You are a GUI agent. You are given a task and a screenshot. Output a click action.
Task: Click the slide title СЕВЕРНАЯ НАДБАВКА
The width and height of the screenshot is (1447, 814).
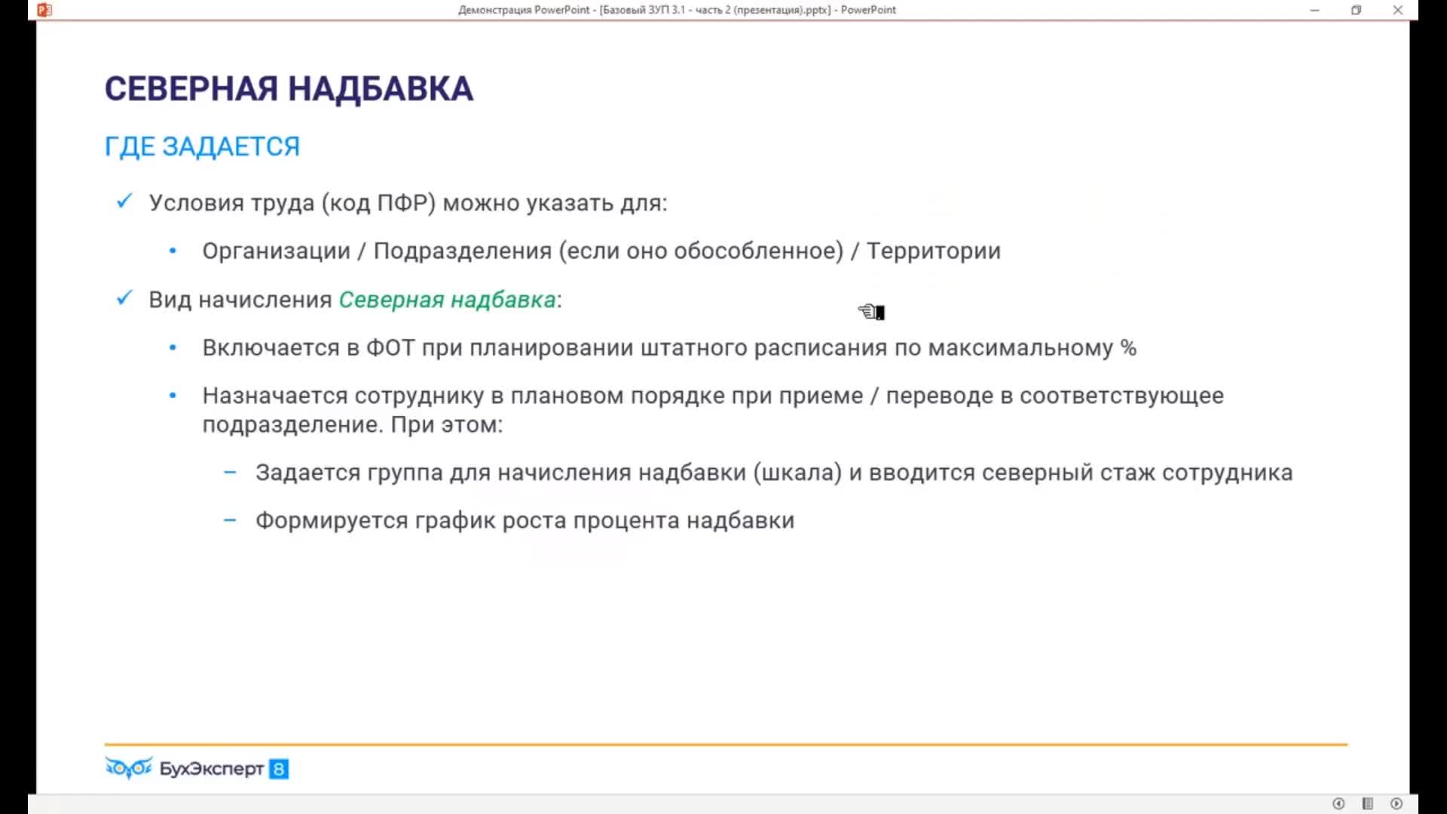289,89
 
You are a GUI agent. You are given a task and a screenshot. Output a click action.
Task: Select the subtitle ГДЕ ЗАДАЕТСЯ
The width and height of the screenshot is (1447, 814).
202,146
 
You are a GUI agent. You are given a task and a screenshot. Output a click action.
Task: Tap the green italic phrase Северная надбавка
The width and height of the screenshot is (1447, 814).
447,300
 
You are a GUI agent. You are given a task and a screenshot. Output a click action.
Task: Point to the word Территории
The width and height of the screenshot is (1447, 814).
933,252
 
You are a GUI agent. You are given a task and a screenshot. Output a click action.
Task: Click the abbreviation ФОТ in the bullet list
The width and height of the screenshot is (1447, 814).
390,348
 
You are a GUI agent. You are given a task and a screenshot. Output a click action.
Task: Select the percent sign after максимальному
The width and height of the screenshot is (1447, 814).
1128,347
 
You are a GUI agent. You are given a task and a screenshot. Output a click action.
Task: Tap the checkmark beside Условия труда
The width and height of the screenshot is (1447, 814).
124,201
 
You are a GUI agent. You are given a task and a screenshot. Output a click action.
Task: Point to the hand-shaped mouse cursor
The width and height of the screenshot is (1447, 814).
871,311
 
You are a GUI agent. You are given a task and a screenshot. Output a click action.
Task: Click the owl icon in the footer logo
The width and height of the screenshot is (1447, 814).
129,767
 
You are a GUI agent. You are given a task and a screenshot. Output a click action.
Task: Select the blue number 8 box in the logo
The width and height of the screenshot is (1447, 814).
279,769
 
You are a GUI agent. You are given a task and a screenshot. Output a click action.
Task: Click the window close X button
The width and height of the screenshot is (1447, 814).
1398,10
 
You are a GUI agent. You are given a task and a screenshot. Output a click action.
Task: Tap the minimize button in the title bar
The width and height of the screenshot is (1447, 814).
1315,11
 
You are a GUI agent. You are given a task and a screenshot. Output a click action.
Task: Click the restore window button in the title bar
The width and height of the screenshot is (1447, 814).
1357,10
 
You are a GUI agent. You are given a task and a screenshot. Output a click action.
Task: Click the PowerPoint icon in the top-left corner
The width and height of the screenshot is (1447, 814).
44,10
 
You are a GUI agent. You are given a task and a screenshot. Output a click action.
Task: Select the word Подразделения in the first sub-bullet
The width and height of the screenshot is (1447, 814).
463,252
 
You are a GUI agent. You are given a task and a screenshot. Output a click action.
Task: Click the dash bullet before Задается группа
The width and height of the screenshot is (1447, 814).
230,473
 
